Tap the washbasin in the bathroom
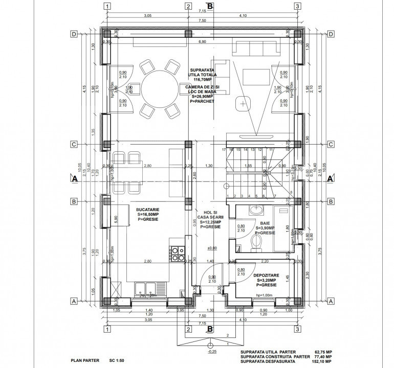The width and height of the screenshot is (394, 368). click(254, 209)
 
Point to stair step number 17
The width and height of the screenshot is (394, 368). click(224, 150)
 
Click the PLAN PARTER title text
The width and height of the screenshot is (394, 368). click(84, 360)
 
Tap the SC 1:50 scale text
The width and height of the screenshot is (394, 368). click(117, 360)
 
